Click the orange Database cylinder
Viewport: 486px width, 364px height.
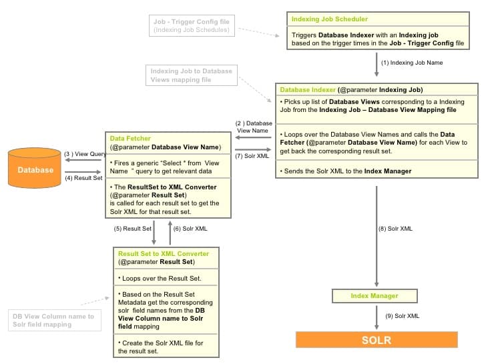(x=35, y=169)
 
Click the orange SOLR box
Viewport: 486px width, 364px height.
(x=377, y=340)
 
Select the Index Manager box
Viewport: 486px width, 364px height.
(x=374, y=296)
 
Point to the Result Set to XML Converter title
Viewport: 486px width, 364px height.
(x=163, y=254)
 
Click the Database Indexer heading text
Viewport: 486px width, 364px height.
(x=308, y=90)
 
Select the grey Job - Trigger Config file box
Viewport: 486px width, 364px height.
(x=191, y=26)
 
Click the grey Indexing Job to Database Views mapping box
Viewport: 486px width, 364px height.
(x=192, y=75)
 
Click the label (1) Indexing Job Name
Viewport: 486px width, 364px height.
(x=411, y=63)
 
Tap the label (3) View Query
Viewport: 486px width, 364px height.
(x=85, y=154)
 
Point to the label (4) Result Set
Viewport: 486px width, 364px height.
(x=83, y=178)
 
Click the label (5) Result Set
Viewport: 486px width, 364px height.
(x=132, y=229)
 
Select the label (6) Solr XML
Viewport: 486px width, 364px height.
(x=190, y=229)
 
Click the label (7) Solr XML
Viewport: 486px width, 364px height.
(x=252, y=156)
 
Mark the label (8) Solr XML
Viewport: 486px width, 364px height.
(x=395, y=229)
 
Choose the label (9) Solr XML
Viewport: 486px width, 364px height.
(x=403, y=315)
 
